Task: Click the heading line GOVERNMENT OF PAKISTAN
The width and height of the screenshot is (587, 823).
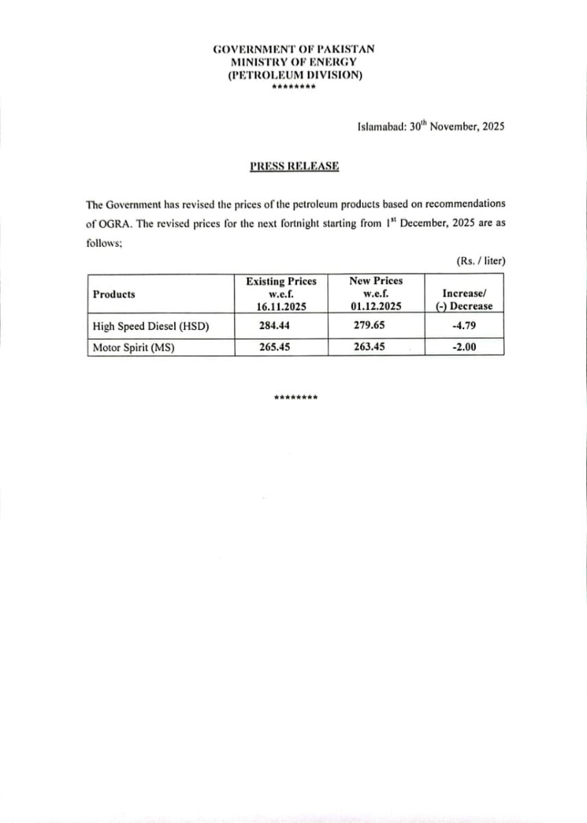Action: pos(293,49)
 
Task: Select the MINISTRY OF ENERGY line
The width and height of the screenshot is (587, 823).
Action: pos(293,62)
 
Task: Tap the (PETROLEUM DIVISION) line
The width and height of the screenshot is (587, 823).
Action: pos(293,75)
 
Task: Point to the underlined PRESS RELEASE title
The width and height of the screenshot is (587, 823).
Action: pos(294,166)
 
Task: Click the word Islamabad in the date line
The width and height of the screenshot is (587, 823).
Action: pos(381,127)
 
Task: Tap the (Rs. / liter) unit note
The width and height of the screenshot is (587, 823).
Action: pos(480,261)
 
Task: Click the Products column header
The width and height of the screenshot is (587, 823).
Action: pos(114,294)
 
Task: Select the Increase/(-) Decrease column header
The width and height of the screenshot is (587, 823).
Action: pos(464,300)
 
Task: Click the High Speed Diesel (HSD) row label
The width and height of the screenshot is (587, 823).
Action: pos(150,326)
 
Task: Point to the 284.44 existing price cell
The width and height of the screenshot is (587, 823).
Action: pos(281,326)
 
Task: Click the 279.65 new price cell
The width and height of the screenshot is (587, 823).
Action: pos(376,326)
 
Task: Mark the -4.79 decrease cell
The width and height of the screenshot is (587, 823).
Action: pos(464,326)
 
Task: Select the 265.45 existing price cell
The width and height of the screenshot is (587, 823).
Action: pos(281,347)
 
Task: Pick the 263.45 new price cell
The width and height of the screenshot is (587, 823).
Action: pos(376,347)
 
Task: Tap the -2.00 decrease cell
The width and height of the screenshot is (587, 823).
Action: pos(464,347)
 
